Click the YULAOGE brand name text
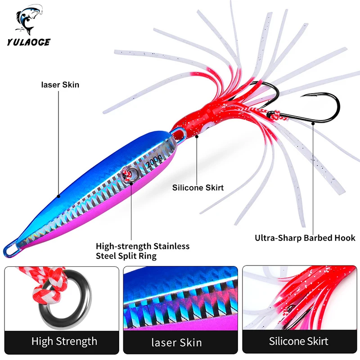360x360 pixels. [x=28, y=42]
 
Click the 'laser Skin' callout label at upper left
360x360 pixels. [x=60, y=84]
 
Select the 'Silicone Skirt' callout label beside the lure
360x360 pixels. [x=198, y=188]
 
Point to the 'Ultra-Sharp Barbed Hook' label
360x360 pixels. [x=305, y=238]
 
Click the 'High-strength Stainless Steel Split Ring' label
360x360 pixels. [x=142, y=251]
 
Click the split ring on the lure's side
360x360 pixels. [x=128, y=175]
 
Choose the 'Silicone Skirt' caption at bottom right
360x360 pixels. [x=298, y=341]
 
